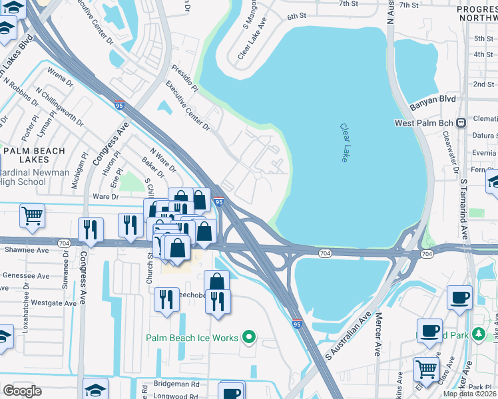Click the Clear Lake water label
(344, 142)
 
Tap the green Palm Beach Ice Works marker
(250, 338)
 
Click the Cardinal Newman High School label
(33, 177)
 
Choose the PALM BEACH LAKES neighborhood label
(35, 156)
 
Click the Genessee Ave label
(26, 275)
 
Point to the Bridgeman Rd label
(176, 384)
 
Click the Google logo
(22, 390)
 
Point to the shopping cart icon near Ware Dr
(32, 215)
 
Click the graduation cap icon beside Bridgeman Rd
(95, 389)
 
